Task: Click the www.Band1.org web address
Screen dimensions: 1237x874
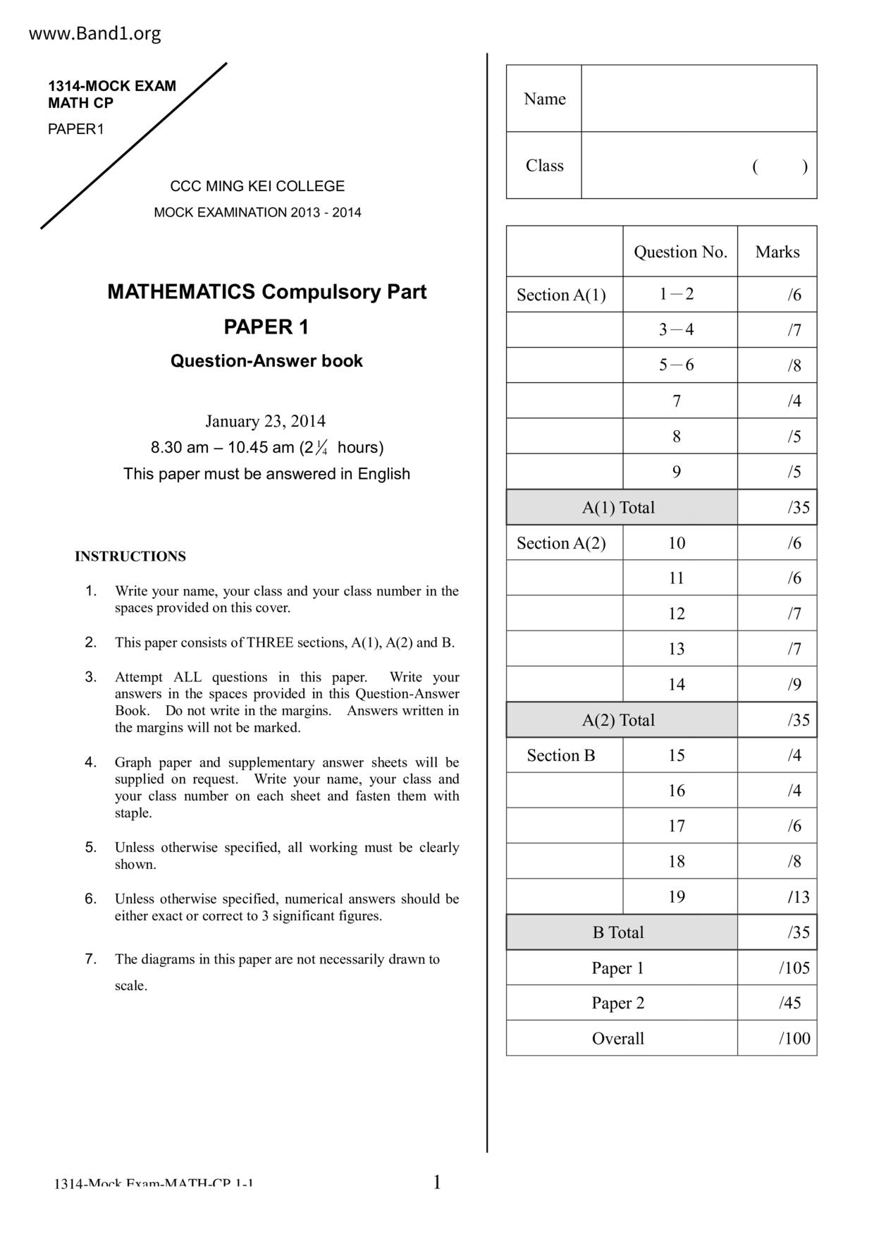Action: coord(94,33)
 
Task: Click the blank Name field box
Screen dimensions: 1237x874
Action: coord(698,99)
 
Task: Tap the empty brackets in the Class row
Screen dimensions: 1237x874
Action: coord(780,166)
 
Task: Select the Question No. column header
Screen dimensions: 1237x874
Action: coord(680,252)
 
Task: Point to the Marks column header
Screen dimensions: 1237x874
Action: coord(777,252)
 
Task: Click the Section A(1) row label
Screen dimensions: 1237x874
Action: coord(561,295)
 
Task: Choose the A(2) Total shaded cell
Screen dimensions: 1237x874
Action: coord(618,720)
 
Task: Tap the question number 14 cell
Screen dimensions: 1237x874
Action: coord(676,684)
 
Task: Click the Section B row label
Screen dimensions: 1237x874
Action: coord(561,755)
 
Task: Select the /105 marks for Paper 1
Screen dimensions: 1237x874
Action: coord(794,968)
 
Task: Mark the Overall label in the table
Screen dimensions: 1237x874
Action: coord(618,1038)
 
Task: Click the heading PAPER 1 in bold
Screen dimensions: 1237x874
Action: coord(266,327)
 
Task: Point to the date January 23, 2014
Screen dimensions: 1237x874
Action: coord(265,421)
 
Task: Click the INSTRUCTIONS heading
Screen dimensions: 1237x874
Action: coord(130,556)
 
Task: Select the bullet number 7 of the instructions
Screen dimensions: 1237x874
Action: coord(90,958)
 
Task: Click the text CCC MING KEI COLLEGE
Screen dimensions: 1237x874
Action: coord(257,186)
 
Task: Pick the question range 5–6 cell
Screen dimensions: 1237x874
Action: coord(676,365)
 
